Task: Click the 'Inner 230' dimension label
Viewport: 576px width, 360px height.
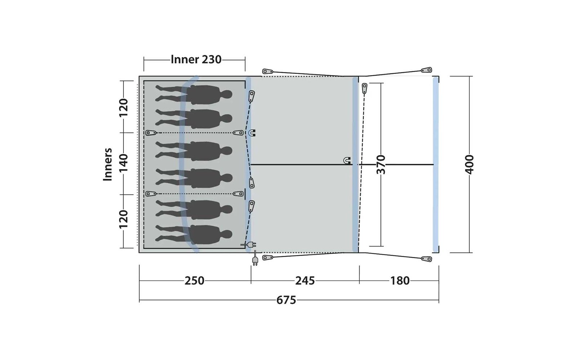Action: tap(196, 60)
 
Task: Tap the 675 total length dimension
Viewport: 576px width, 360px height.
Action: tap(286, 300)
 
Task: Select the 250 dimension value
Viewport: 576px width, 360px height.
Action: tap(194, 281)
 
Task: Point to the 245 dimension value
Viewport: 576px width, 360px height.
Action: tap(305, 281)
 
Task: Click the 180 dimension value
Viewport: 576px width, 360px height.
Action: tap(400, 281)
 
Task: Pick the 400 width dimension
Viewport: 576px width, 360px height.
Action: tap(469, 165)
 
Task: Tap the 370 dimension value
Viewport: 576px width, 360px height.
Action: tap(381, 165)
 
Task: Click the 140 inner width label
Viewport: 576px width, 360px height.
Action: tap(123, 163)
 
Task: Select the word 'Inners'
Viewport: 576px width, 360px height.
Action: tap(108, 165)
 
